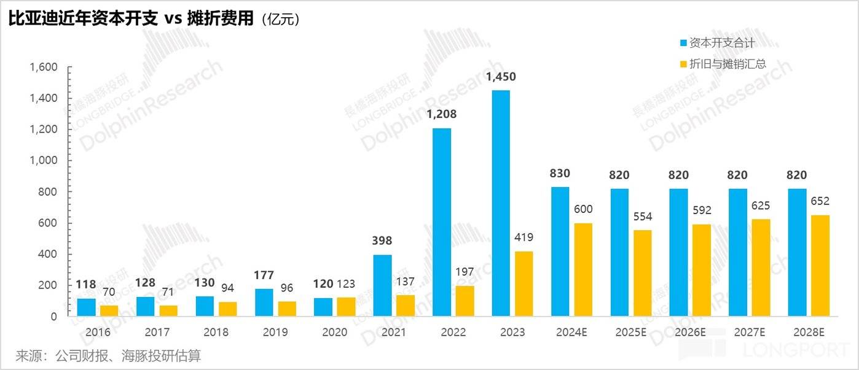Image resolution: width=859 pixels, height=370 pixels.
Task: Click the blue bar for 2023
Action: (500, 203)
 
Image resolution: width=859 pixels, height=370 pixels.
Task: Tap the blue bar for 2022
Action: (441, 222)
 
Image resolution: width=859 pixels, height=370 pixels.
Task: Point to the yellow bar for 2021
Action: (406, 305)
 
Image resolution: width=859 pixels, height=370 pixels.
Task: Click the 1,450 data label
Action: (501, 77)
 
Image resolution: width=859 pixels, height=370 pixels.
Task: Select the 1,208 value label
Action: (441, 114)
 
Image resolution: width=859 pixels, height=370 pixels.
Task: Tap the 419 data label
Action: (524, 237)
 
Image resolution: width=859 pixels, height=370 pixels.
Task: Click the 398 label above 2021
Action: (382, 241)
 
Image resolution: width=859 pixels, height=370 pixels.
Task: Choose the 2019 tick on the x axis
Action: (275, 333)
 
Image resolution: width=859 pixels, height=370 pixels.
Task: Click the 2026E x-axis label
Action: (690, 333)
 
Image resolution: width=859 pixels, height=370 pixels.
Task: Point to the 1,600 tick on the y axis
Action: (43, 67)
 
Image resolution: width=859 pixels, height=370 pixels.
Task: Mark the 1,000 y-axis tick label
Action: (43, 161)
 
